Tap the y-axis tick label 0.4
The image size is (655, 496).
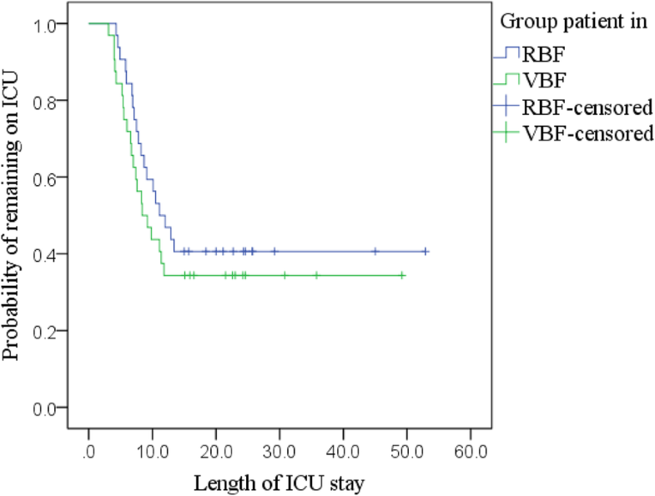(45, 254)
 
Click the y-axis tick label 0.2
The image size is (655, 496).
(45, 331)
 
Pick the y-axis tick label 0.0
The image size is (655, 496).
(45, 408)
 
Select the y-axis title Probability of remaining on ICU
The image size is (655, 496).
(12, 217)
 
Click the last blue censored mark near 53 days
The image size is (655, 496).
(426, 251)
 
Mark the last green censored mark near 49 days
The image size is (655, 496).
(402, 275)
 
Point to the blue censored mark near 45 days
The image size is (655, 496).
(375, 251)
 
